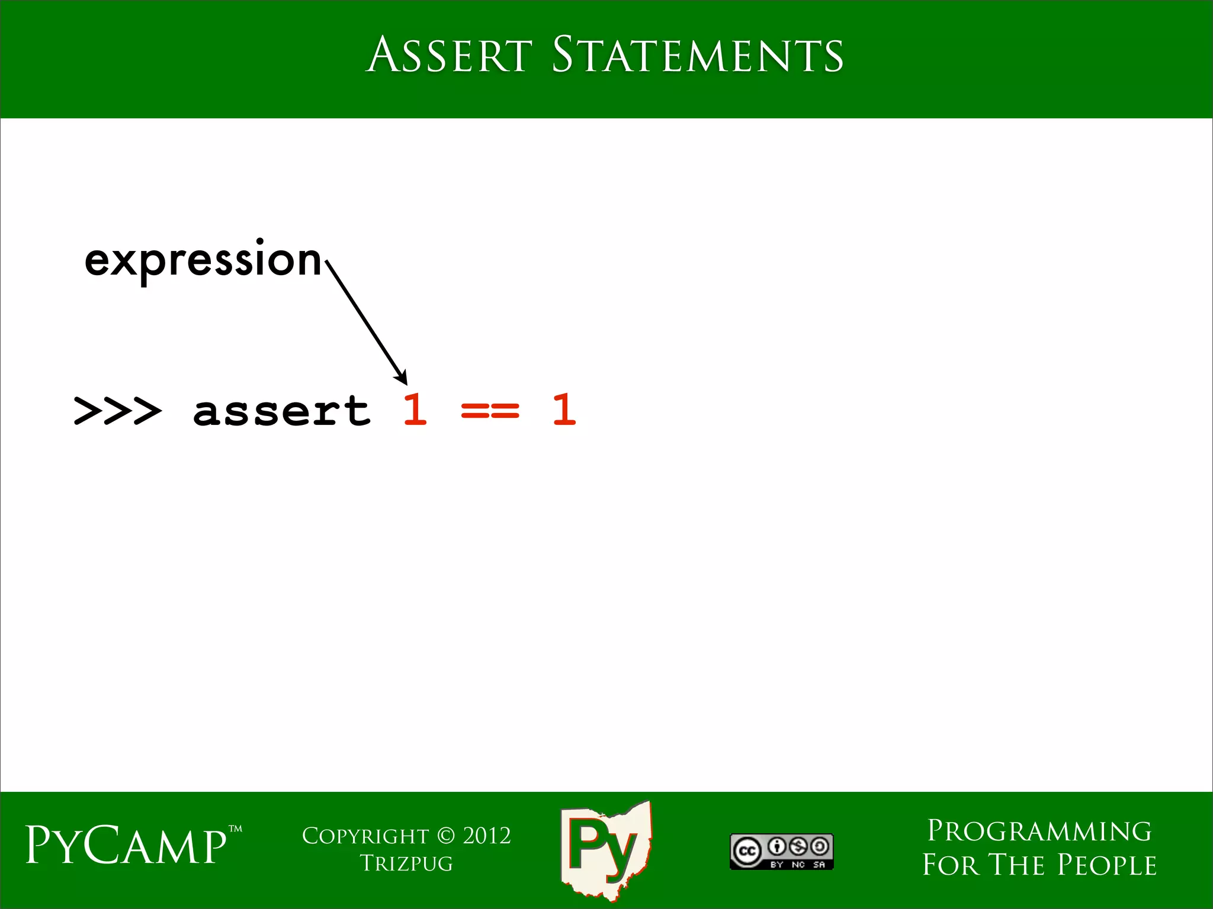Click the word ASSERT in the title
[449, 55]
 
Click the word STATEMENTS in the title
[697, 55]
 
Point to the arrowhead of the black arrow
[402, 378]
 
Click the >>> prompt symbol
[117, 411]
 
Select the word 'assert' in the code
[282, 411]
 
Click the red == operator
[490, 410]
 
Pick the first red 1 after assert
[415, 409]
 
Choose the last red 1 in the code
[564, 409]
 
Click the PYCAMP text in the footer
[126, 846]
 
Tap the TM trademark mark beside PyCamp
[236, 829]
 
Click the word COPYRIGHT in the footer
[365, 836]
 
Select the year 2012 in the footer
[487, 836]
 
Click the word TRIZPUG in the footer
[406, 863]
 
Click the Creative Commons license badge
[781, 852]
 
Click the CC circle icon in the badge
[747, 851]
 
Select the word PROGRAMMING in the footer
[1039, 831]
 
